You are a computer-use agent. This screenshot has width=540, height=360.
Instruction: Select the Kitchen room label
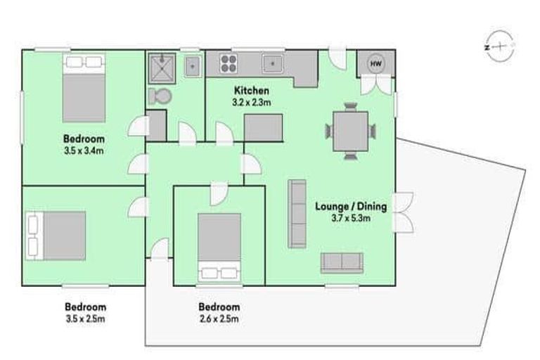point(251,91)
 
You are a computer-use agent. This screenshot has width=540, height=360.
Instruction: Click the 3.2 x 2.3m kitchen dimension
point(251,102)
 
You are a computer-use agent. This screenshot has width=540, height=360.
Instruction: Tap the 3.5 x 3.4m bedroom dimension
point(84,150)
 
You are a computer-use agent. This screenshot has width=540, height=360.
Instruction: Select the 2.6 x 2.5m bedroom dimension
point(219,319)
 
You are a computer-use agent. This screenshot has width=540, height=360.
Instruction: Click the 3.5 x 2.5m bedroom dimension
point(85,319)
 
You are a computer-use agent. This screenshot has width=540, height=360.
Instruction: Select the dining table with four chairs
point(350,131)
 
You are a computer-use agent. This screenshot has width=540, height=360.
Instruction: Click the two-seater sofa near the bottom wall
point(342,262)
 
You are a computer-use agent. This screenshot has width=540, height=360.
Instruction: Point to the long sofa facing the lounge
point(297,213)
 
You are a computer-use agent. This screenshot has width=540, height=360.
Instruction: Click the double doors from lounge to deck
point(404,212)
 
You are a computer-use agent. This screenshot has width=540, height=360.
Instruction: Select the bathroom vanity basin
point(192,66)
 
